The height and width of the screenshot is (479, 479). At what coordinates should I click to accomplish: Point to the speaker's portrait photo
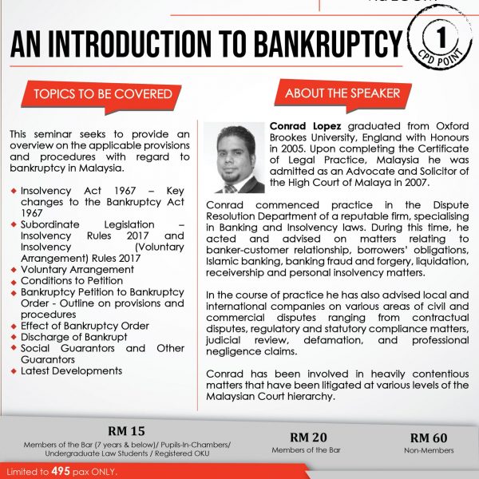click(x=240, y=157)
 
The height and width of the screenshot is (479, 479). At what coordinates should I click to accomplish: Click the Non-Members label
click(x=430, y=450)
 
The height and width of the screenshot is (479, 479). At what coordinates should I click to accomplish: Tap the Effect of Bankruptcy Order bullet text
click(x=85, y=326)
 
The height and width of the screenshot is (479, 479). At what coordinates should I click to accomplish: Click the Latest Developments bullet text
click(x=72, y=370)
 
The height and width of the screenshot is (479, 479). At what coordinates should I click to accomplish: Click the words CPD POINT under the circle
click(x=437, y=62)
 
